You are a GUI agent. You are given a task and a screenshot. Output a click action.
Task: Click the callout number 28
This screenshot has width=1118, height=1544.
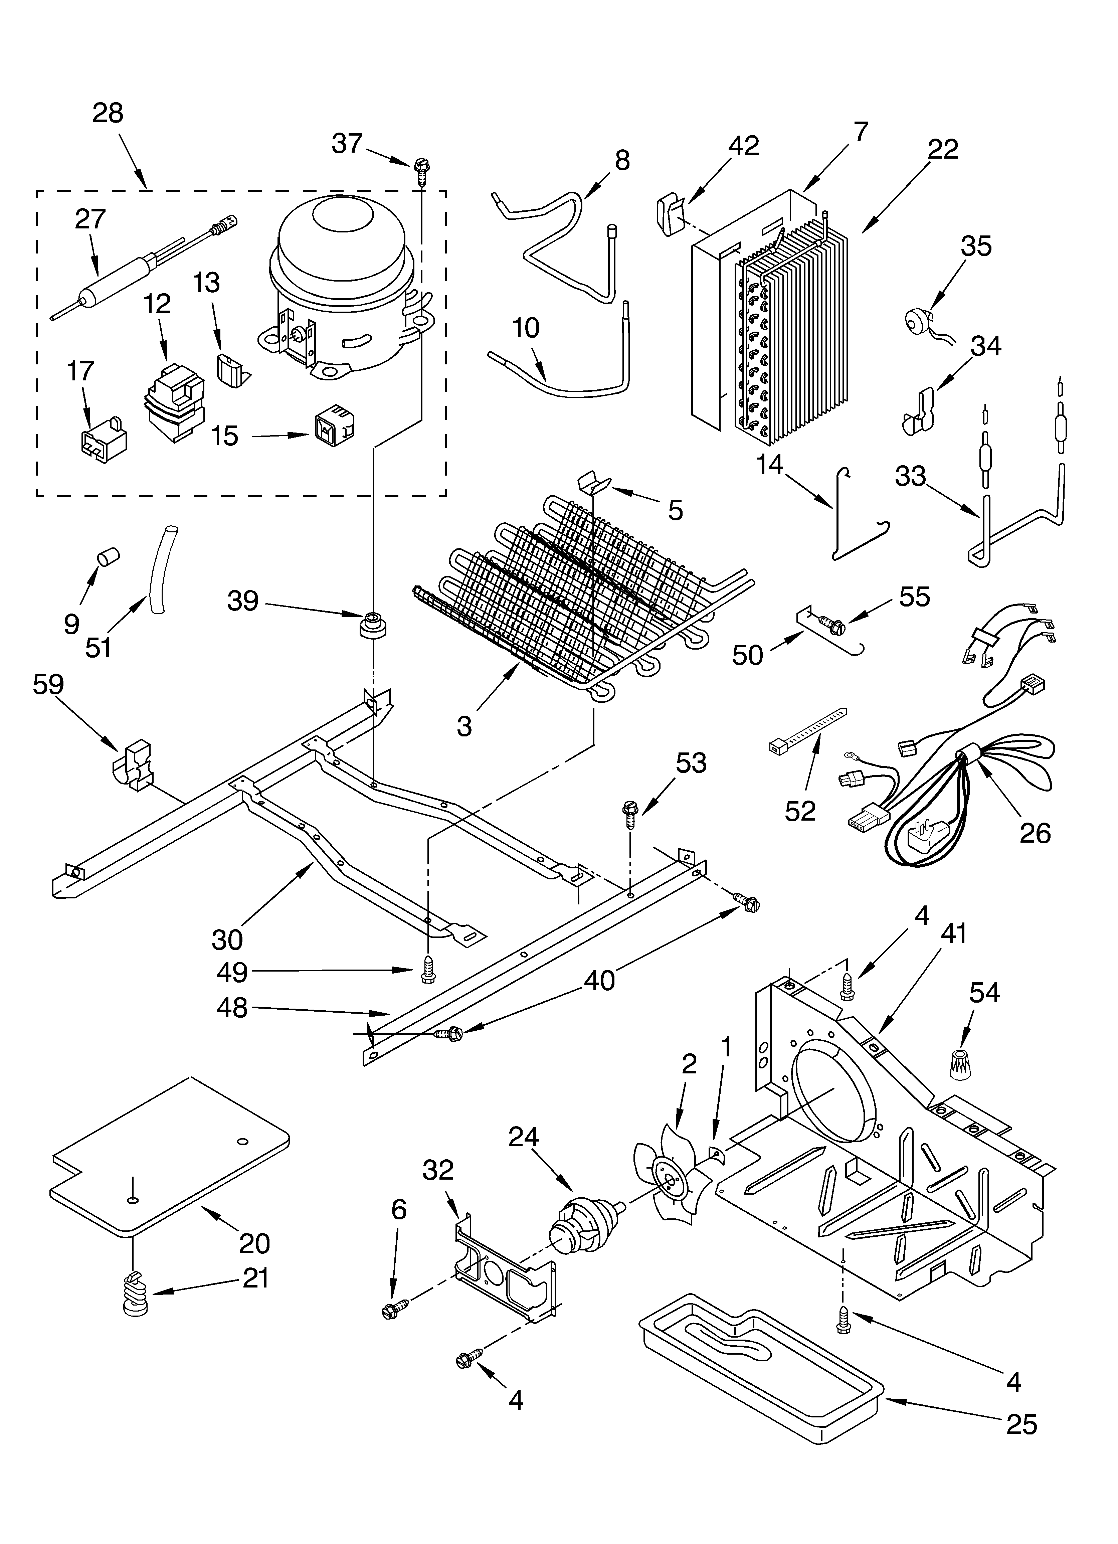108,113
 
